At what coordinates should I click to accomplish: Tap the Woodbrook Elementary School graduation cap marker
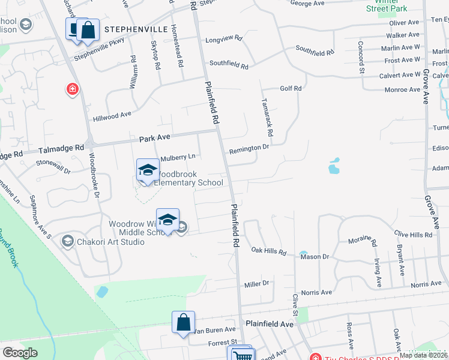pyautogui.click(x=147, y=170)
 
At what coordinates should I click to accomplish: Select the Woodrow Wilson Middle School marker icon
pyautogui.click(x=168, y=220)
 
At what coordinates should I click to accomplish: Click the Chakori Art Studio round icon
pyautogui.click(x=67, y=241)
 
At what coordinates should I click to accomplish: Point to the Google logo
pyautogui.click(x=20, y=352)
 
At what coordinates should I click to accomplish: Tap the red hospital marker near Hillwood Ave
pyautogui.click(x=73, y=89)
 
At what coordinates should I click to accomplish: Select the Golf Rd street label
pyautogui.click(x=290, y=88)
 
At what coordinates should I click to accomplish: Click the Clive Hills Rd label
pyautogui.click(x=413, y=234)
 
